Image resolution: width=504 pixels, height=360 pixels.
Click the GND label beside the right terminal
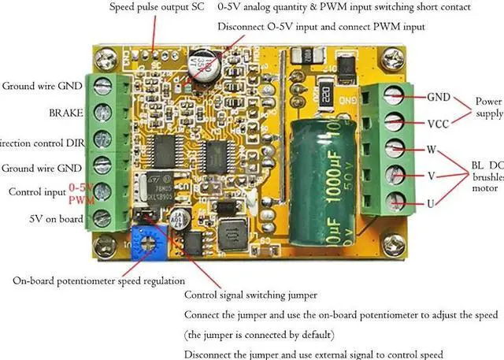439,98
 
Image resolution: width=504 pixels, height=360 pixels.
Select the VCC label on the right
439,124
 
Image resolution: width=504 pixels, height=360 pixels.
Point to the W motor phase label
432,150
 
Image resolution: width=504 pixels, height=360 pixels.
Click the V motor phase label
431,176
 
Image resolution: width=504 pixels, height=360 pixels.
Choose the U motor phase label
431,203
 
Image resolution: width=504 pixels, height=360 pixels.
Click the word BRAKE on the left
65,113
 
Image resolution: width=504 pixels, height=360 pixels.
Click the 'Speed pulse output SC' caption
157,7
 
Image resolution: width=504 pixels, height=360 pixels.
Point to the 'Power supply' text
488,108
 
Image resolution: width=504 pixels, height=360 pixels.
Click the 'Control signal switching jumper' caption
250,295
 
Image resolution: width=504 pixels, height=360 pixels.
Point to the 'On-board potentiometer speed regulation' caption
98,280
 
